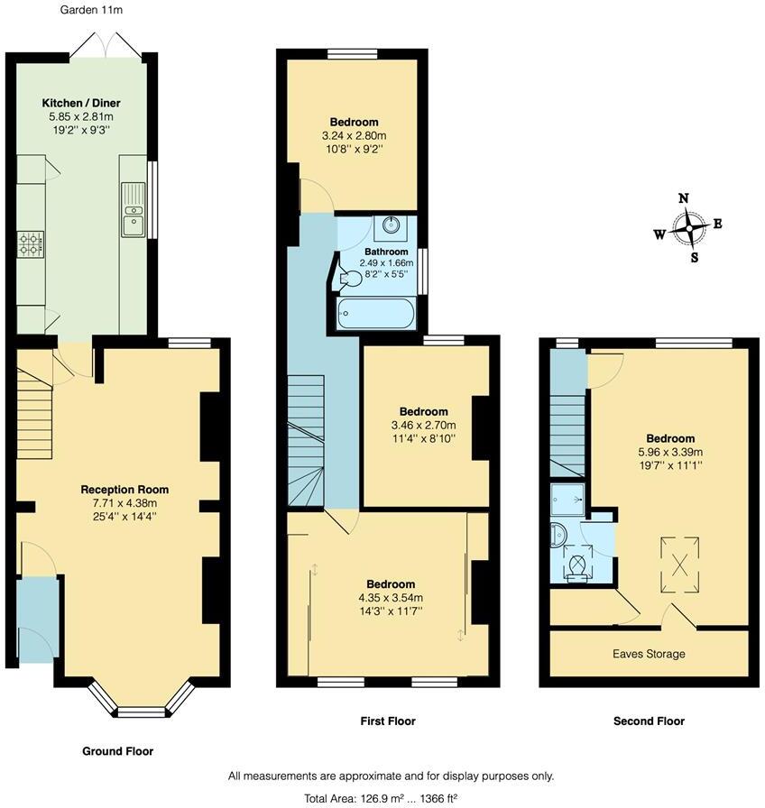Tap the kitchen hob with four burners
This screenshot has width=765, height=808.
coord(32,243)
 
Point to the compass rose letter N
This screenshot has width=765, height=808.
coord(684,199)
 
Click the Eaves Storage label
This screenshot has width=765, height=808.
coord(649,654)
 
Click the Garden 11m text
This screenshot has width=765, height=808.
coord(91,11)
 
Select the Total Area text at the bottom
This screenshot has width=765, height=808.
coord(391,797)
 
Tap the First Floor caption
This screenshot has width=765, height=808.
coord(388,721)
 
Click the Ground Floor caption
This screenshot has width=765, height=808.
coord(118,751)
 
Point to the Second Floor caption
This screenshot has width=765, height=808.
coord(649,721)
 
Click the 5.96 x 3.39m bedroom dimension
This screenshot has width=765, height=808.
coord(669,453)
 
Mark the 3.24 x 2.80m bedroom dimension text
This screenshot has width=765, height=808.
coord(353,135)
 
